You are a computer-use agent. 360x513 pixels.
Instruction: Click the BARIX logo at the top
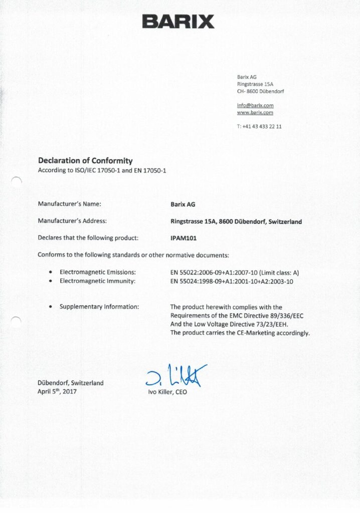178,22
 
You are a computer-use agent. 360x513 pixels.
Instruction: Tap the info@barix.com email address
255,105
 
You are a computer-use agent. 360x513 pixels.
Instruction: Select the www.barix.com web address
255,113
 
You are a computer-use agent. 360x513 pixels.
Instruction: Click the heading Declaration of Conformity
85,161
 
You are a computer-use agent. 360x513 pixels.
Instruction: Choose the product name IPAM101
184,238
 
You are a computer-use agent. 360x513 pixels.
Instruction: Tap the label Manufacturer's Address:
72,221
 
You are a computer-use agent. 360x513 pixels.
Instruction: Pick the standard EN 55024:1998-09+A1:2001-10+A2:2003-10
232,282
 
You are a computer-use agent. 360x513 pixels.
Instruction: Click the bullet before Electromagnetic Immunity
51,282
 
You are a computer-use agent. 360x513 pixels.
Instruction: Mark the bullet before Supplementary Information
51,307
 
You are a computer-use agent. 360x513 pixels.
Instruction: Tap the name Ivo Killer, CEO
167,392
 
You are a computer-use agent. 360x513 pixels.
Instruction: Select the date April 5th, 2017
57,392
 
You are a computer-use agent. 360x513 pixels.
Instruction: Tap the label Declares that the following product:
88,238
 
